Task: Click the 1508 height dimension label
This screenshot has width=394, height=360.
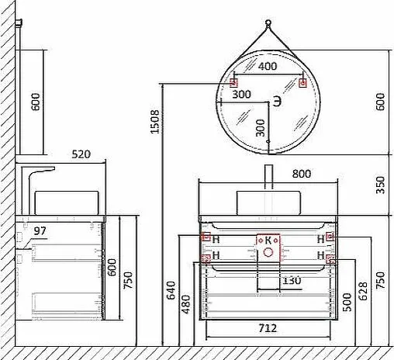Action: [155, 122]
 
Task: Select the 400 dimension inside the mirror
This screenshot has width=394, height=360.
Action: [268, 66]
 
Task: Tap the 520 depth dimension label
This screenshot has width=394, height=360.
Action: [81, 154]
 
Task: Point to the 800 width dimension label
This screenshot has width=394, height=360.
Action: [302, 174]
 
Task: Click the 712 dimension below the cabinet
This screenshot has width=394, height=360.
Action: [268, 328]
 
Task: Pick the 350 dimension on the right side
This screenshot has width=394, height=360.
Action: [380, 185]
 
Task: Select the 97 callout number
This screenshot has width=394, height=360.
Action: [40, 230]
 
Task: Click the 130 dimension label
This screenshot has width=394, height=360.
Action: [292, 280]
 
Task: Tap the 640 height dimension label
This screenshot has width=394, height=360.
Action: [171, 290]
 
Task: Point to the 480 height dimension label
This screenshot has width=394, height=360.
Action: [186, 304]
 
